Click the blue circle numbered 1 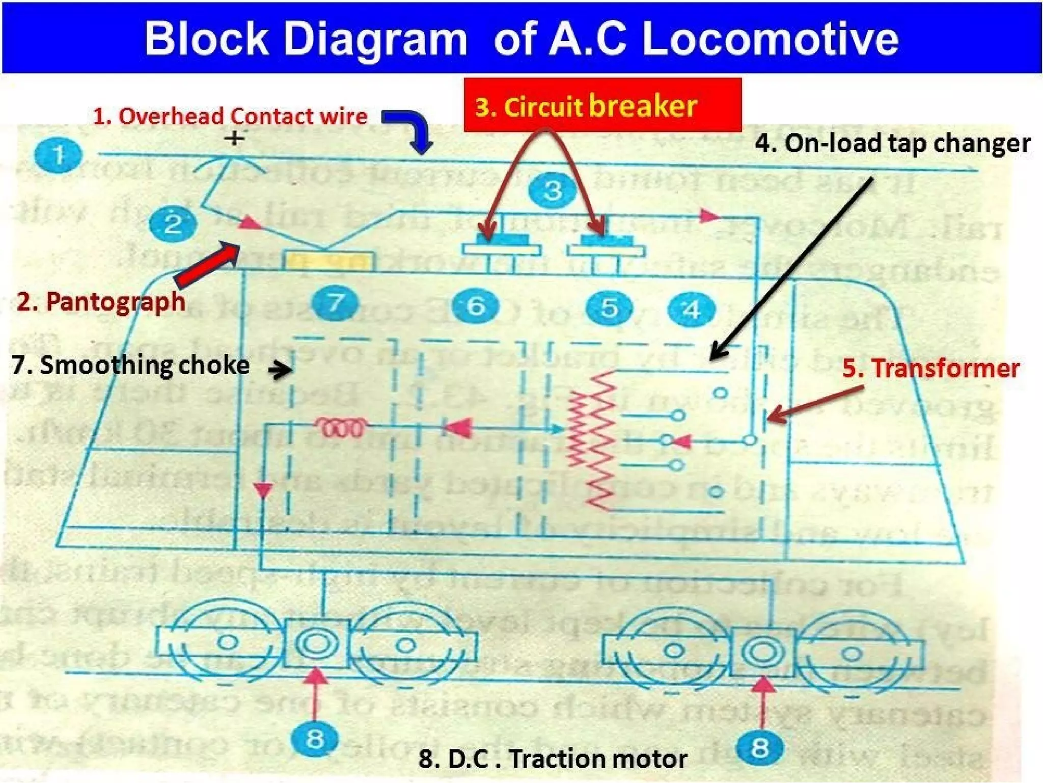click(58, 155)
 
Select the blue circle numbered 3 click(553, 191)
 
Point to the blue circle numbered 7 click(335, 302)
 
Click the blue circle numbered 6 click(475, 306)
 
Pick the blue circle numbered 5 click(609, 307)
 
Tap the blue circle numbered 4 click(692, 309)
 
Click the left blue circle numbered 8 click(314, 738)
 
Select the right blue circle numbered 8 click(759, 748)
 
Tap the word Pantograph click(116, 302)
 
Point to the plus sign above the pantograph click(234, 138)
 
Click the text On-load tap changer click(892, 143)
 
